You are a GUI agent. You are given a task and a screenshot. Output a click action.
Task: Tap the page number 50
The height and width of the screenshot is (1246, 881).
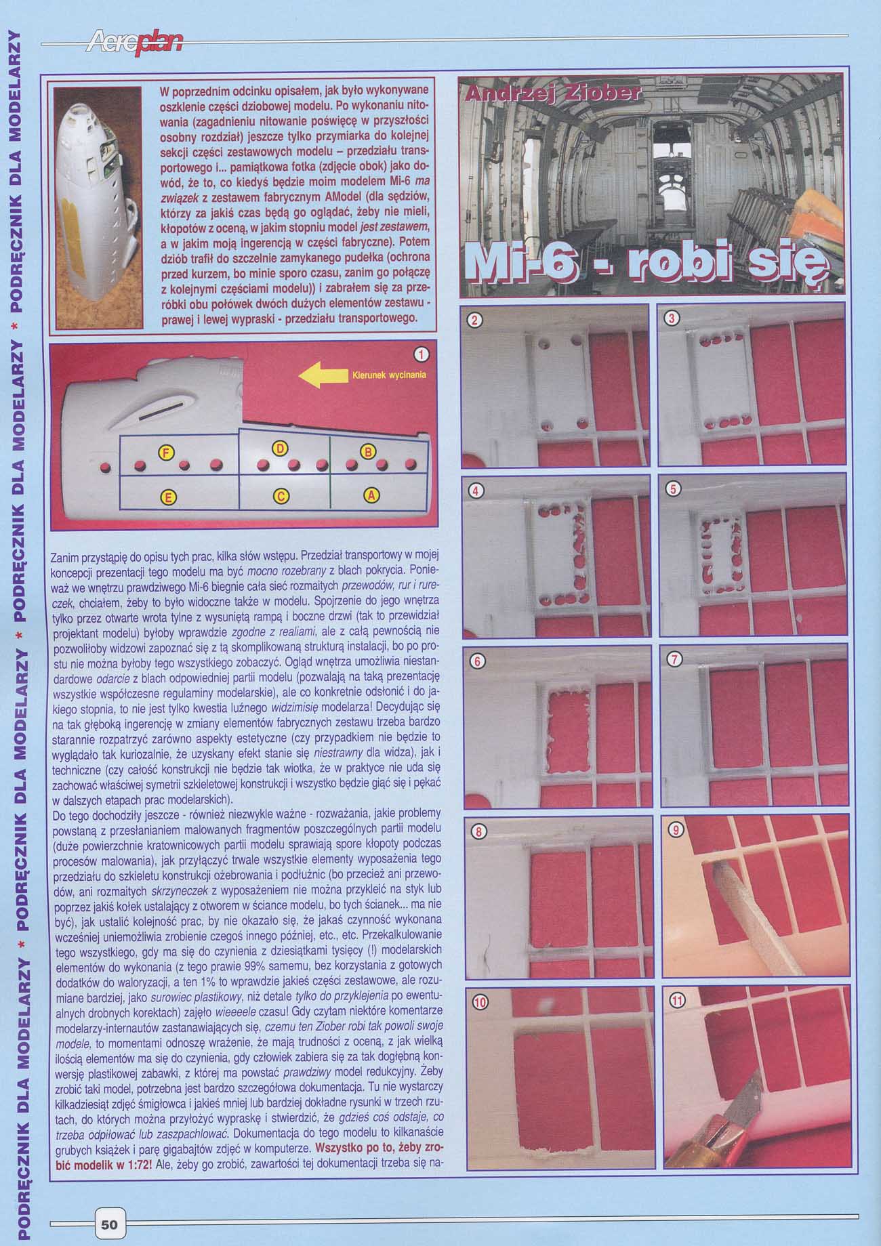pos(108,1224)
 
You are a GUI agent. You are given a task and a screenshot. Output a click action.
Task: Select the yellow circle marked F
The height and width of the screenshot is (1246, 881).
pos(165,453)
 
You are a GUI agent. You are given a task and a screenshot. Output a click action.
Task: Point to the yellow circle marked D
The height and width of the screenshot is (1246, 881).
pos(281,447)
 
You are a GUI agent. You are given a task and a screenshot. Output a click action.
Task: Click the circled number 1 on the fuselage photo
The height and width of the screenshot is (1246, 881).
pos(421,354)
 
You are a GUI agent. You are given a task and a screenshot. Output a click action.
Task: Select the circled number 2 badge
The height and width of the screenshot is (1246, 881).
pos(476,320)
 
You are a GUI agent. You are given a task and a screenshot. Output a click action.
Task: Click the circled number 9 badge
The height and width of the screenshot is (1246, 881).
pos(674,831)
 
